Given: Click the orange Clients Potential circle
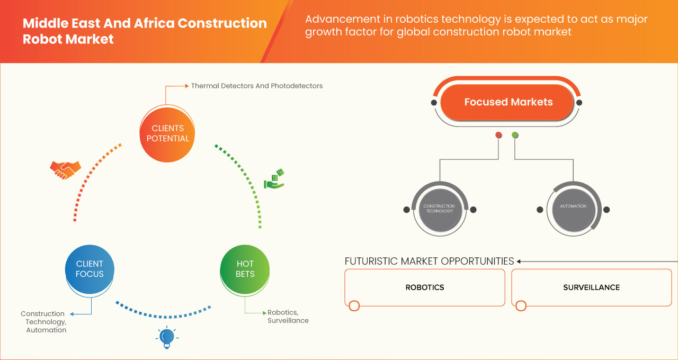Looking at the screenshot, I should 167,133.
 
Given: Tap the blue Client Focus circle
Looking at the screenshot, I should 90,269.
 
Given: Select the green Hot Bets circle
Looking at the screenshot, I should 245,269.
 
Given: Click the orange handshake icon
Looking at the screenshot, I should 65,169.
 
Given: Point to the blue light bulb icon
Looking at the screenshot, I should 167,337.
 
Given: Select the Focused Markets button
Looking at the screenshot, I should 507,102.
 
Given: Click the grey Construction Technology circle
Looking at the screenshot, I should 439,209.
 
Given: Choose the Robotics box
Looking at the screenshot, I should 425,287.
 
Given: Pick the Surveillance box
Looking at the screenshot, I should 591,287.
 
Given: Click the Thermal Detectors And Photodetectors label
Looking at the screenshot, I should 256,86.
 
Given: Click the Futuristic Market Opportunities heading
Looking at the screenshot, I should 429,261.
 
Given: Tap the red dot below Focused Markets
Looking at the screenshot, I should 498,135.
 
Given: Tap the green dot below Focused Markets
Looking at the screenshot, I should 515,135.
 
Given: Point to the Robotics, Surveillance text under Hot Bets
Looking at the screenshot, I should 288,317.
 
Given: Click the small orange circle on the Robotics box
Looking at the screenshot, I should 354,306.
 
